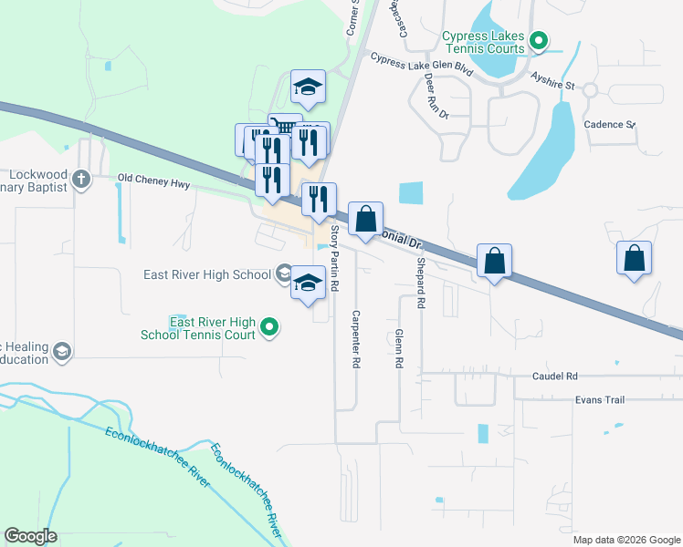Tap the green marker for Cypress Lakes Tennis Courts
pos(539,40)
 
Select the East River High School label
pos(206,274)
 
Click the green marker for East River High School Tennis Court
pos(268,327)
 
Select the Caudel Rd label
pos(555,376)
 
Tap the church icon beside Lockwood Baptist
pos(81,178)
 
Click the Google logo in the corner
pos(31,536)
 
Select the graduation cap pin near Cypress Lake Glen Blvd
pos(309,88)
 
